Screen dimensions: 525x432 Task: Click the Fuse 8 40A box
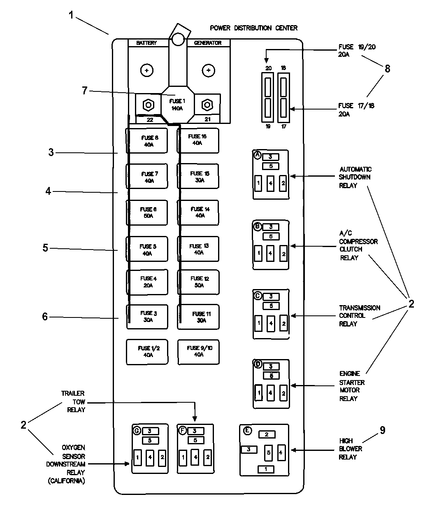[147, 141]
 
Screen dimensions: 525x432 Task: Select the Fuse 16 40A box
[198, 140]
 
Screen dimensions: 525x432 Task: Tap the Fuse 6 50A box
[147, 212]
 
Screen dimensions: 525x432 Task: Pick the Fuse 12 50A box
[198, 282]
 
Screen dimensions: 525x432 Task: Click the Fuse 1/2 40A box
[147, 352]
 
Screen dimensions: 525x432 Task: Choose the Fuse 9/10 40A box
[198, 351]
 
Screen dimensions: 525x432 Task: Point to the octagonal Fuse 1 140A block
[177, 105]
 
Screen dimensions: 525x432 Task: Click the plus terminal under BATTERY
[147, 71]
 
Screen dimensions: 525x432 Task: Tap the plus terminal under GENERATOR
[209, 71]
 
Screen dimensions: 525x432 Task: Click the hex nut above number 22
[149, 105]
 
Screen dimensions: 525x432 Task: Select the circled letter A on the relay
[258, 155]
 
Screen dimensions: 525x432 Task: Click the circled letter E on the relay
[247, 431]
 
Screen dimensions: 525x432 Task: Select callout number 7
[85, 91]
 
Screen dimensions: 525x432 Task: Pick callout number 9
[382, 430]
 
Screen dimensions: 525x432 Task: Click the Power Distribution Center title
[253, 28]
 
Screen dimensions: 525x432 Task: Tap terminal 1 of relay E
[266, 469]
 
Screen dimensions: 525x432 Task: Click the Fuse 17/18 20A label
[356, 110]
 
